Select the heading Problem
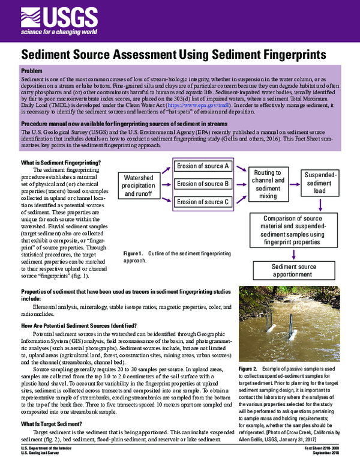[32, 71]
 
